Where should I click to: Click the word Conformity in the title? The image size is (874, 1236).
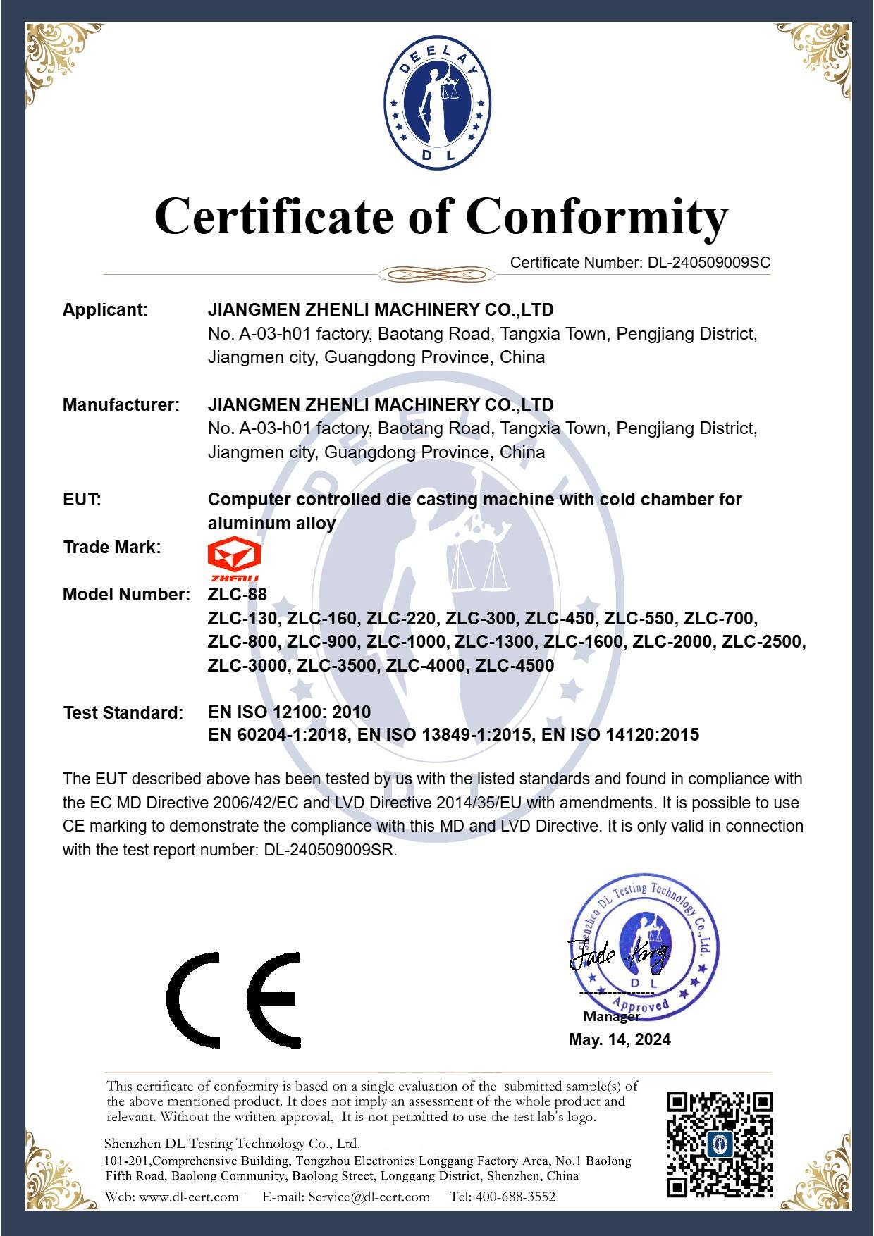596,216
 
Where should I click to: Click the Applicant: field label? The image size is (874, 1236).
105,310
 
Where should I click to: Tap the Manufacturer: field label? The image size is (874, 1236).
121,405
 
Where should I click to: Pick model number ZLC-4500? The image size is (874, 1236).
515,666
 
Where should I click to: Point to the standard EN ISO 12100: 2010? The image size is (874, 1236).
289,712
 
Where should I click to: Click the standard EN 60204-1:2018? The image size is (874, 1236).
278,736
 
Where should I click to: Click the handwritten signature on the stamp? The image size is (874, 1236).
618,956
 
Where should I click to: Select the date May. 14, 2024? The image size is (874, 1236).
620,1039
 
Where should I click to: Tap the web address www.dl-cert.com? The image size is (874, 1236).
188,1197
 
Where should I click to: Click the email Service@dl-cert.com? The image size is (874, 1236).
369,1197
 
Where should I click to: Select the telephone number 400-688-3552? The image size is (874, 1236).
515,1197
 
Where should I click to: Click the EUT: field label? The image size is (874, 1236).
82,500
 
